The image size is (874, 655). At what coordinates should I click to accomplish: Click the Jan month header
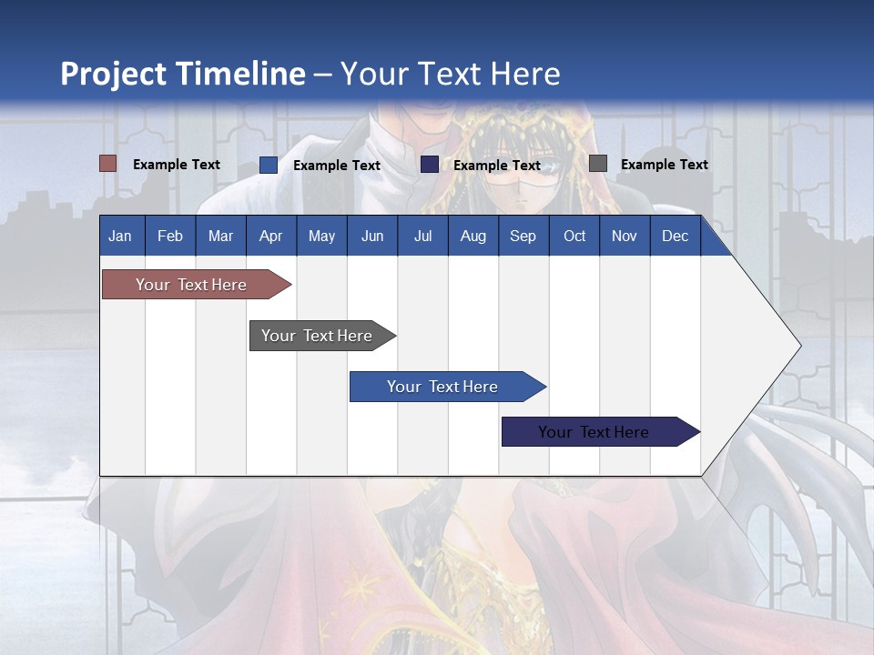click(120, 237)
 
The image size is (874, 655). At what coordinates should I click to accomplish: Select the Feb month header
click(170, 237)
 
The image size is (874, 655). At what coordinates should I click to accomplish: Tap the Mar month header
click(220, 237)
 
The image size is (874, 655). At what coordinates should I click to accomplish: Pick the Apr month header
click(270, 237)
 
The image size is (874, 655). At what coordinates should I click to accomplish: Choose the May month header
click(321, 237)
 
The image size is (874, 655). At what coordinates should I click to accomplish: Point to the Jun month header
click(372, 237)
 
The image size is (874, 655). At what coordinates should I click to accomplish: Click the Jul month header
click(422, 237)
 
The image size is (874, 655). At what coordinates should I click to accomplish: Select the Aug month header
click(473, 237)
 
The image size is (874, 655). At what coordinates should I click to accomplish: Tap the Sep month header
click(523, 237)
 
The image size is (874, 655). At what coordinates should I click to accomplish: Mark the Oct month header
click(574, 237)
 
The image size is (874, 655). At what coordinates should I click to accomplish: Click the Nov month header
click(625, 237)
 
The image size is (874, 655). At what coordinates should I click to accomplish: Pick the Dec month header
click(675, 237)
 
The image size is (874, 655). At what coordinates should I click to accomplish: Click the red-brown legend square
click(108, 164)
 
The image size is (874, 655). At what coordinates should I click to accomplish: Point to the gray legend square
click(598, 164)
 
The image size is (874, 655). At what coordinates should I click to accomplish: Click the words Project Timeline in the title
click(183, 74)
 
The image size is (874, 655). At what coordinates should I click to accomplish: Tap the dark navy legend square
click(430, 165)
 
